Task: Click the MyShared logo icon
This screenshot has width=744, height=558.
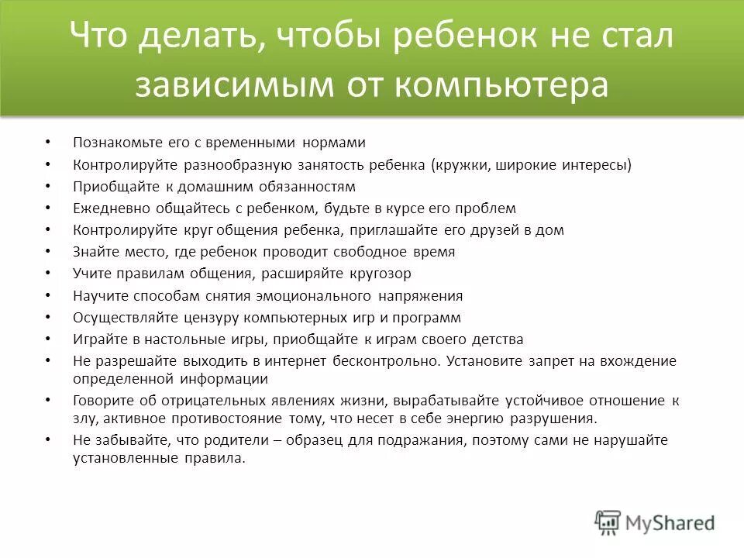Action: [608, 522]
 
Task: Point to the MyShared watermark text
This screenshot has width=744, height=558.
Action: [670, 523]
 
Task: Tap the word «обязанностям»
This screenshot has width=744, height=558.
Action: [312, 187]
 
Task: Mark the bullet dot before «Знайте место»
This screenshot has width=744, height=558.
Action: [48, 252]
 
